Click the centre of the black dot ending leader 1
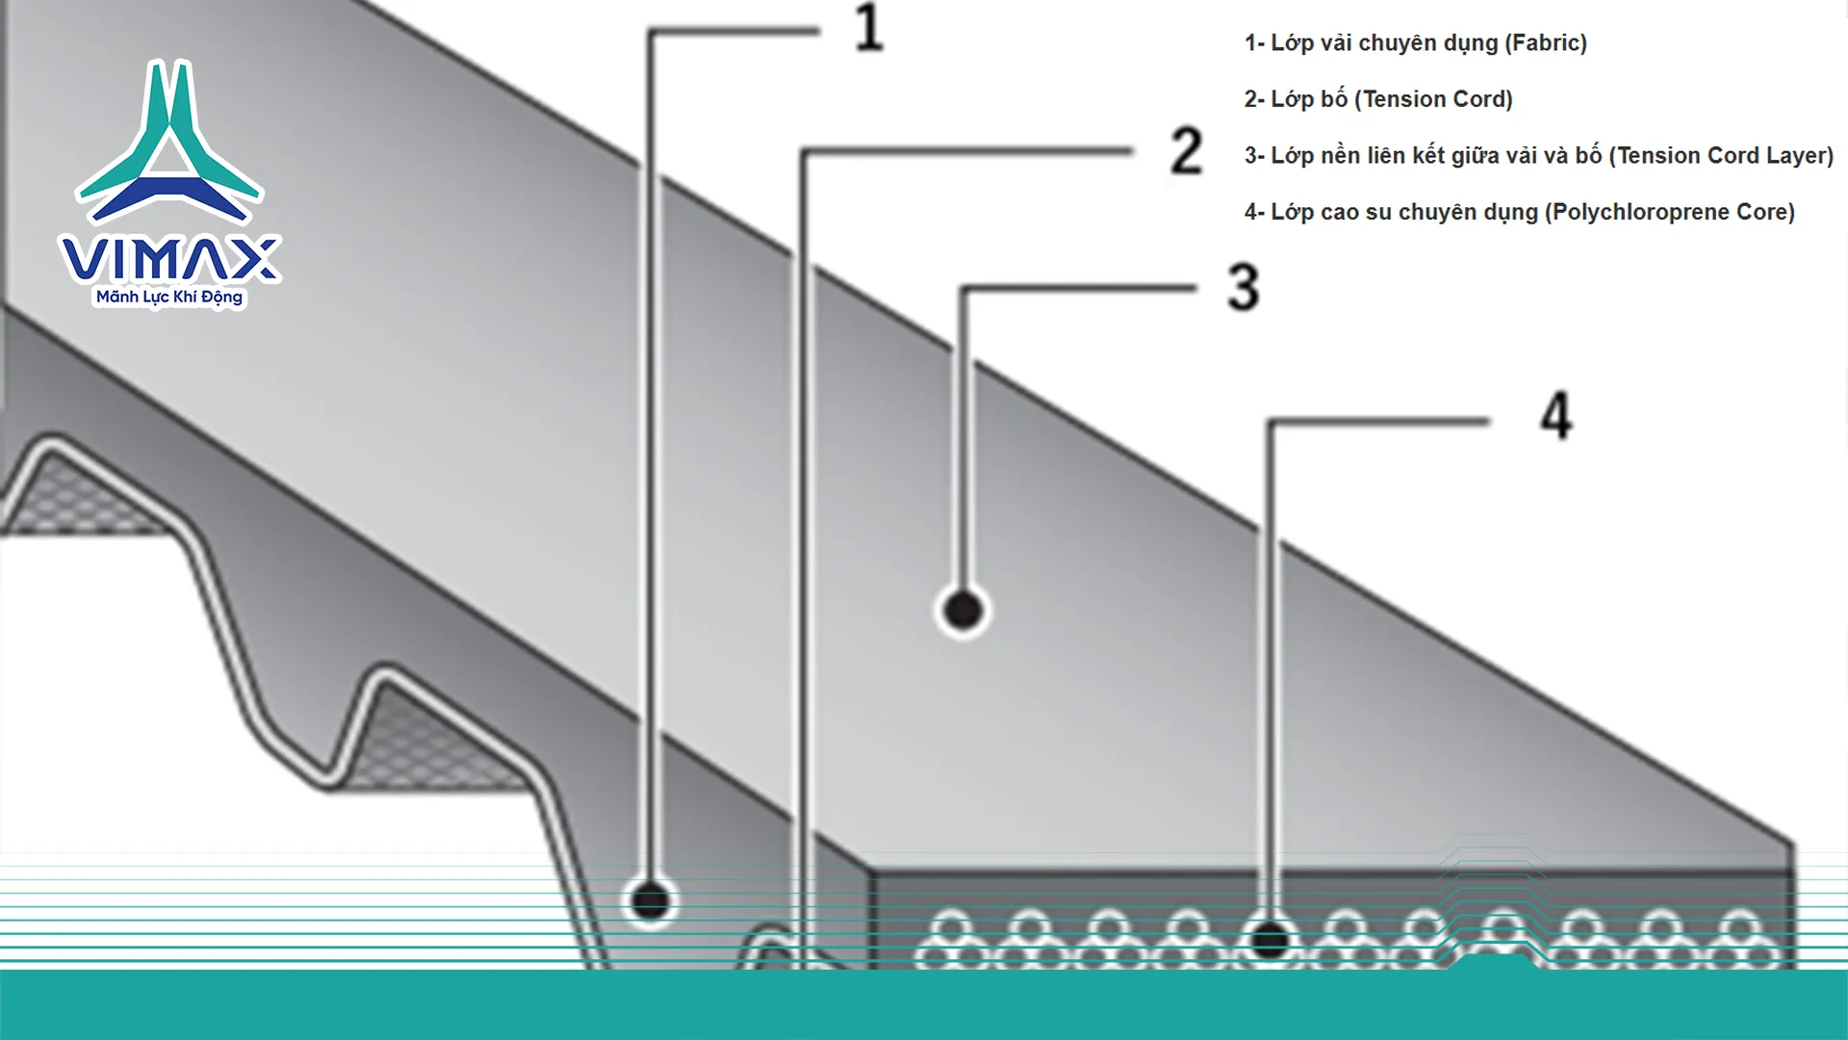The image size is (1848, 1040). [651, 901]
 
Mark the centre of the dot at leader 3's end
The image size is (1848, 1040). [962, 610]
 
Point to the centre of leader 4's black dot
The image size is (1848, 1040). [1270, 940]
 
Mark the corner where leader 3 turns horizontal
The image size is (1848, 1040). [963, 289]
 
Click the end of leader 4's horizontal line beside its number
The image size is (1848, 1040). [1488, 421]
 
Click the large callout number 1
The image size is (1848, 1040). [869, 28]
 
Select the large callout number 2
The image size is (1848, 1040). [1187, 151]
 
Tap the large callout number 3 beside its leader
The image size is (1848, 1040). [1244, 287]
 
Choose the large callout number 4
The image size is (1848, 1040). [1556, 416]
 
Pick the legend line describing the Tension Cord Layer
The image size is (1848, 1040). [1539, 156]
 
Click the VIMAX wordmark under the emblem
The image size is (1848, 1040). [169, 258]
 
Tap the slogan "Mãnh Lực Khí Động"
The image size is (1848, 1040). [169, 297]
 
